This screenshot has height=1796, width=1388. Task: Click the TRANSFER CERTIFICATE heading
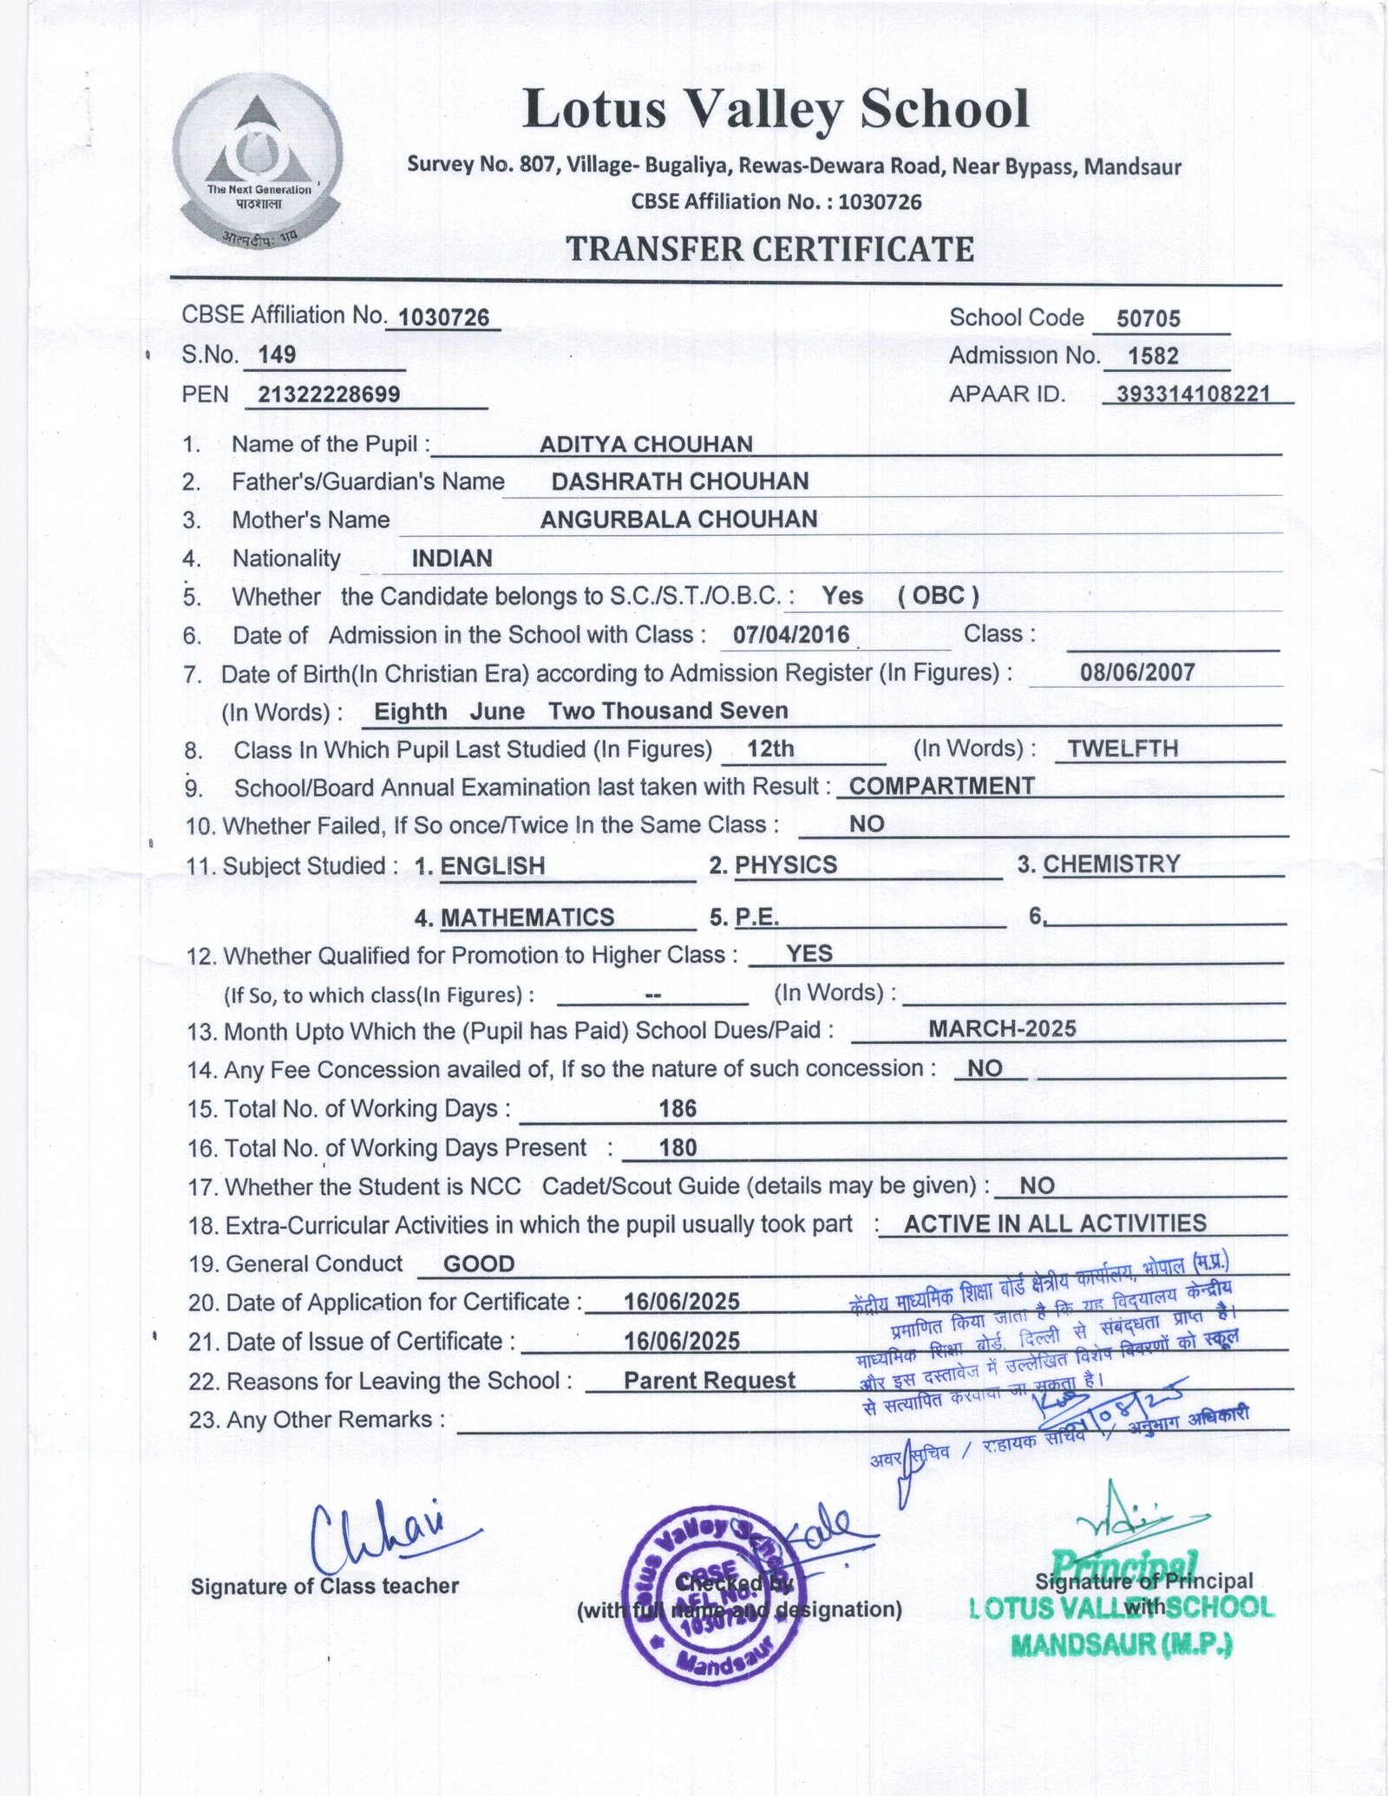click(769, 249)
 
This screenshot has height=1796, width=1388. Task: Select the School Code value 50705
click(1148, 318)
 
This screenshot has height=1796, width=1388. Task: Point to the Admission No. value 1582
click(1153, 356)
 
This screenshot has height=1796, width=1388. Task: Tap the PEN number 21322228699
click(329, 395)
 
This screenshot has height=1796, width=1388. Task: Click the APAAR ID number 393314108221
click(1193, 395)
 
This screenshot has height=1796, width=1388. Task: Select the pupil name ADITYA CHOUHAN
click(645, 444)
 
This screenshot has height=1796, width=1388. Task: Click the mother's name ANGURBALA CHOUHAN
click(678, 519)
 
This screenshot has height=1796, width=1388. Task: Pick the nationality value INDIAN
click(452, 558)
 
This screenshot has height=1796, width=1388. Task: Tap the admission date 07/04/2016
click(791, 635)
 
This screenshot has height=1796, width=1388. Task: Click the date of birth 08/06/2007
click(1137, 672)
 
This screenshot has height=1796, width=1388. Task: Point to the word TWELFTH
click(1123, 748)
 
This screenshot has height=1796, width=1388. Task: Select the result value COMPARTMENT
click(941, 786)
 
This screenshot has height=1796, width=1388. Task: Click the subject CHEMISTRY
click(1111, 864)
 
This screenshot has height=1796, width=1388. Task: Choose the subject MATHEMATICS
click(527, 917)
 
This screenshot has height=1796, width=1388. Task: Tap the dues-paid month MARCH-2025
click(1002, 1029)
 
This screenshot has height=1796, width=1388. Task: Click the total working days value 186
click(678, 1108)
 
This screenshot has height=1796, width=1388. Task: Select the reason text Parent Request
click(709, 1381)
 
